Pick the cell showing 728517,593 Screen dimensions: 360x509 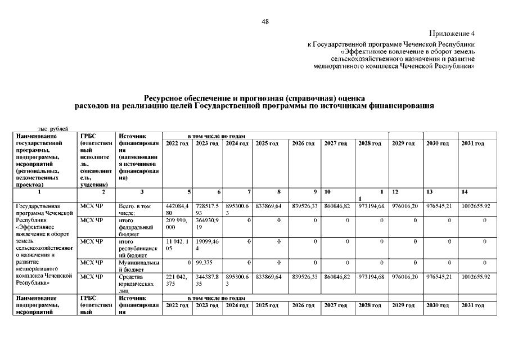click(207, 209)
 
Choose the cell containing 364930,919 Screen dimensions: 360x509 click(207, 224)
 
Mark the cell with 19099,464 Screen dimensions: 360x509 click(207, 245)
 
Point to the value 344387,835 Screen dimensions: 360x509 click(207, 280)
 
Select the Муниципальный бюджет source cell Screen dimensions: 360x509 click(138, 265)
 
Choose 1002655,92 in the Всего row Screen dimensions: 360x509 click(475, 206)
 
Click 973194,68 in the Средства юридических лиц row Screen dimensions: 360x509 click(371, 277)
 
